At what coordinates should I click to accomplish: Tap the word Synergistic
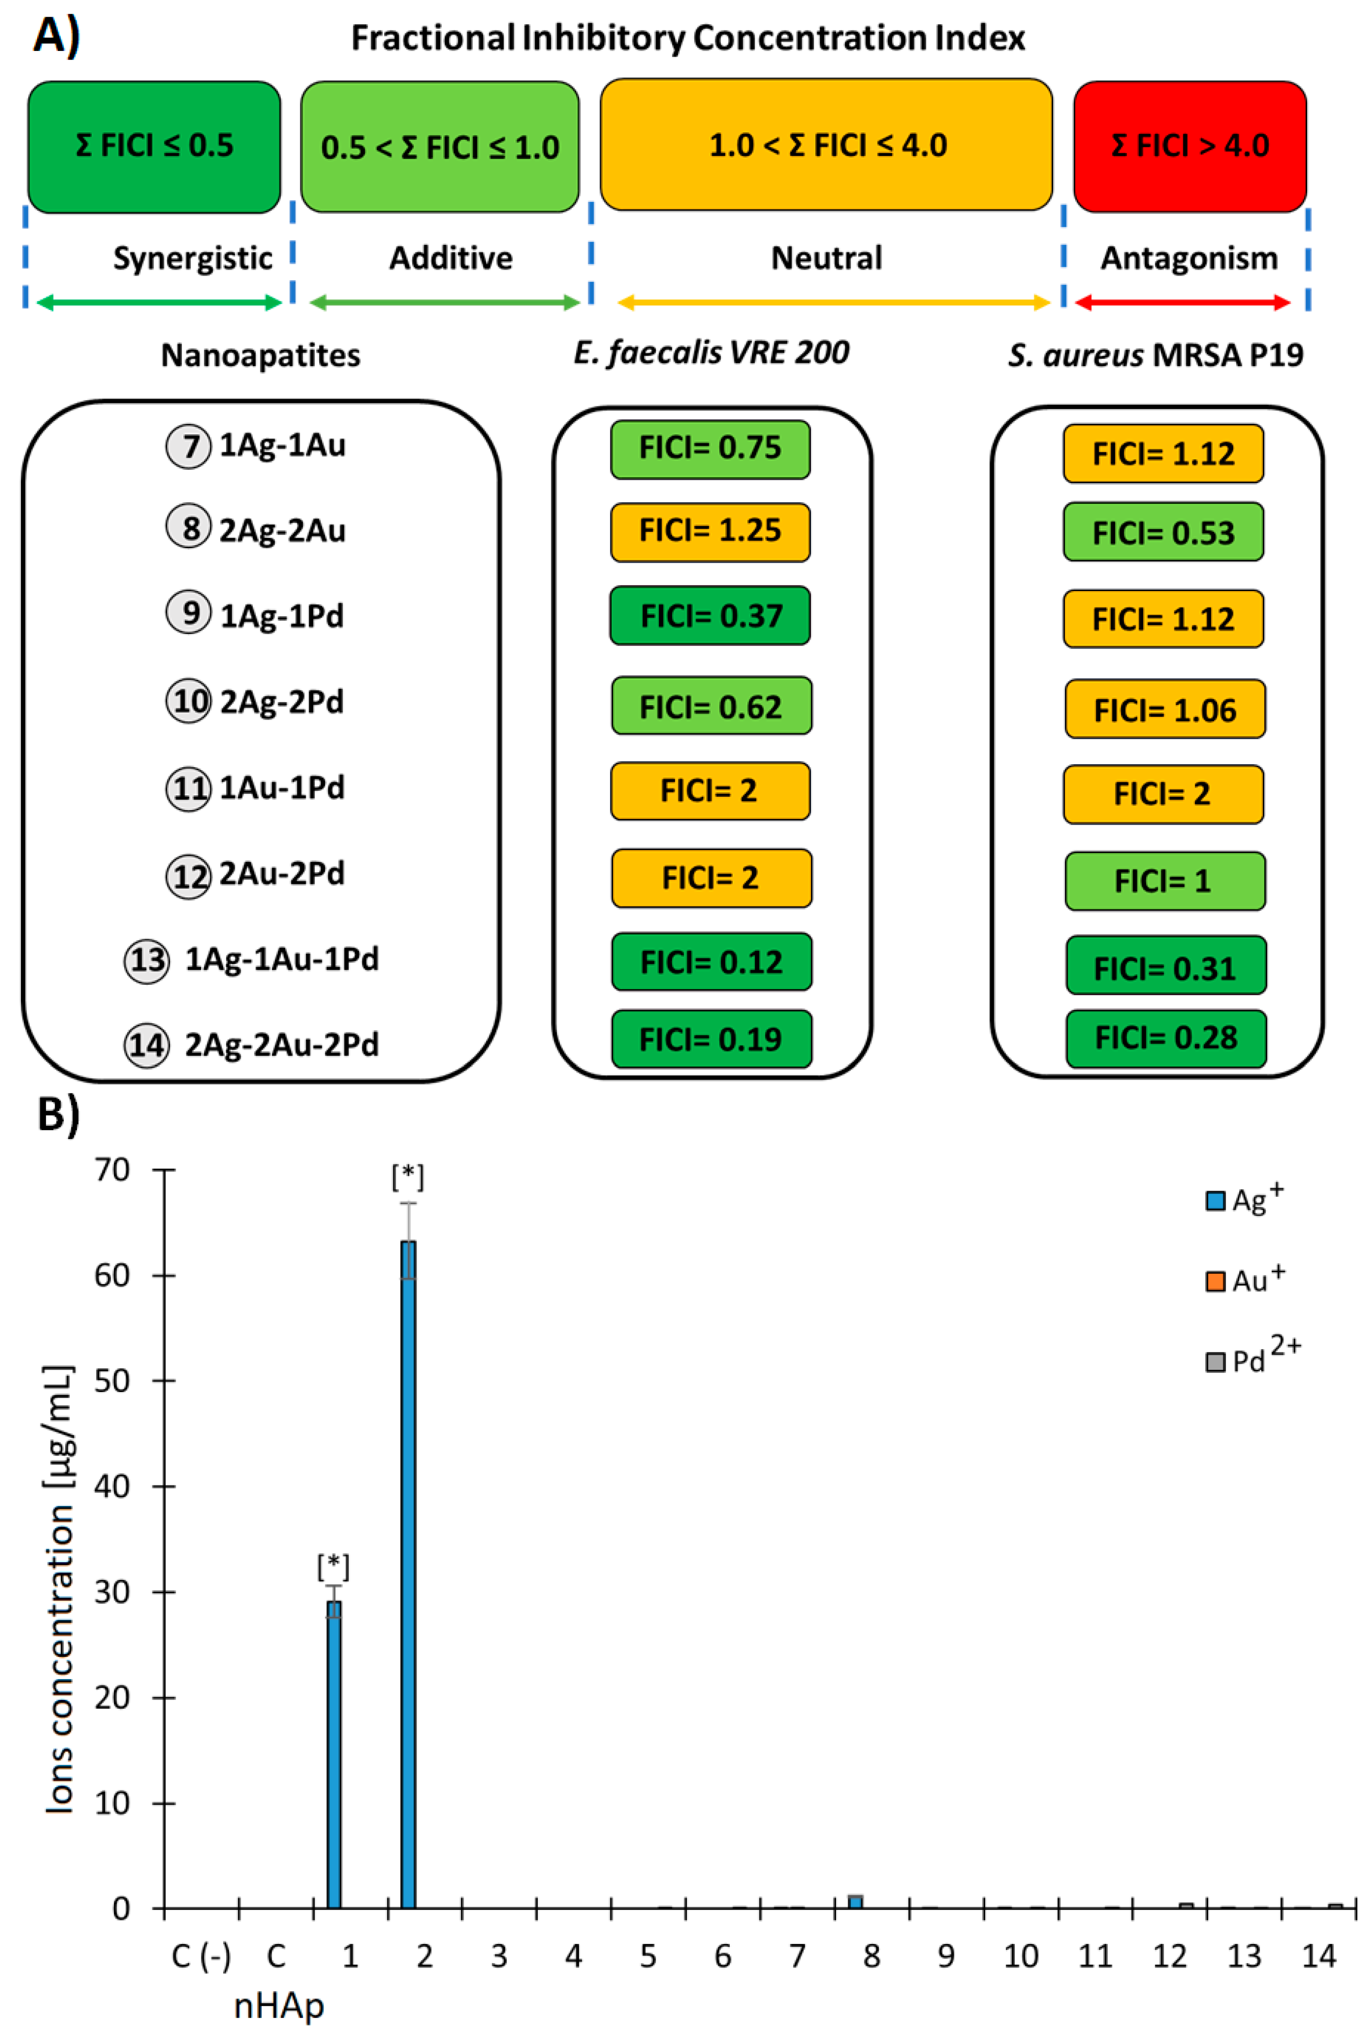[192, 258]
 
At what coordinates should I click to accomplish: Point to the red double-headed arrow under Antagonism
[1182, 302]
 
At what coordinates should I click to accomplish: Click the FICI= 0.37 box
[710, 615]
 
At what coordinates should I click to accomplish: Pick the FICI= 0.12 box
[711, 962]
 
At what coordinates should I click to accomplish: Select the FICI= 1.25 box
[710, 531]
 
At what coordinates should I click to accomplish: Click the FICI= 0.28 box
[1166, 1038]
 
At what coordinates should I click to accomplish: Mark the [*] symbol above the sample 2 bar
[408, 1177]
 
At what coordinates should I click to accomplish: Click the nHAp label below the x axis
[279, 2006]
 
